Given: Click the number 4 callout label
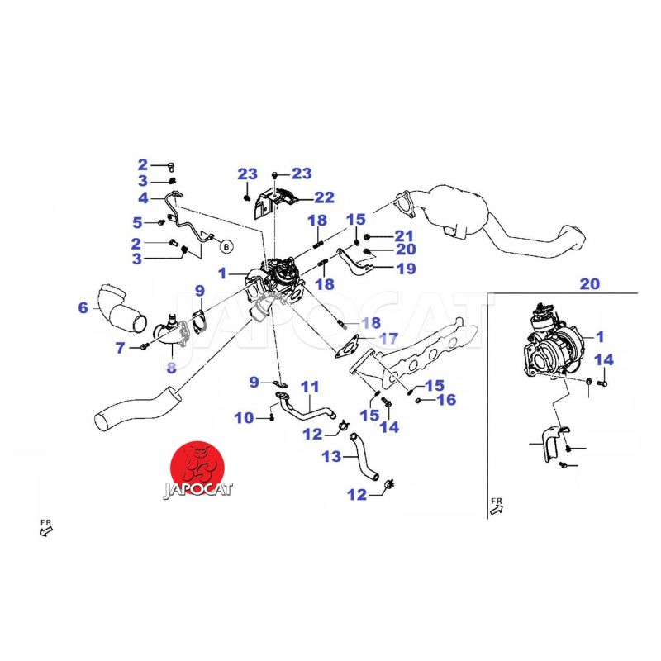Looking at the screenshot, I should [x=143, y=198].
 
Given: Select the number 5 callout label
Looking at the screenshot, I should [x=138, y=222].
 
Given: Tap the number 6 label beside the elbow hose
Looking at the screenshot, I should [x=83, y=308].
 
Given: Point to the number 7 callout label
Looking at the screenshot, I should [x=121, y=349].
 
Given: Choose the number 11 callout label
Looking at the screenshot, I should [x=309, y=387].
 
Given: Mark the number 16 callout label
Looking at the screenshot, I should [x=446, y=400].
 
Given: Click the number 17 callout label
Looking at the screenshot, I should [x=388, y=338].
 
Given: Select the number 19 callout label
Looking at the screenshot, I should [x=405, y=269].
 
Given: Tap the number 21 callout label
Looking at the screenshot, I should [x=403, y=235].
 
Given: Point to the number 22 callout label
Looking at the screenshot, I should [x=323, y=197].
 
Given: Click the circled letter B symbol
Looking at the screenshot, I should [x=226, y=245].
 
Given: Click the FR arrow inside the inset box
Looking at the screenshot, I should [x=497, y=506].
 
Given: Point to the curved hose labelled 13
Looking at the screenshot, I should [x=363, y=458].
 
